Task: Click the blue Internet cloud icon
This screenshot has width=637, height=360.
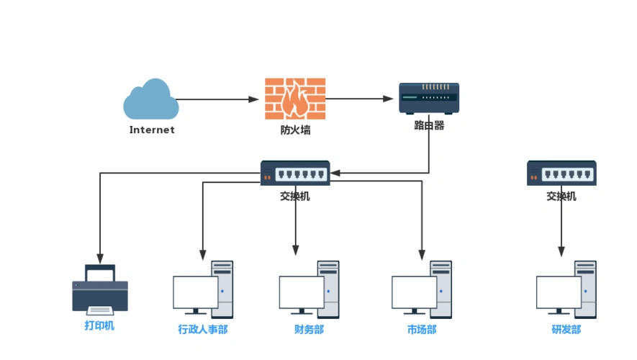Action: coord(151,101)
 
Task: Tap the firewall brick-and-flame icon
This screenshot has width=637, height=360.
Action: coord(294,99)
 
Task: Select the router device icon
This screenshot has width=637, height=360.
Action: coord(429,98)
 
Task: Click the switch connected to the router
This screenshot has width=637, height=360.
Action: coord(295,174)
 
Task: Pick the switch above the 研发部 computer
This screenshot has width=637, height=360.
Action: coord(561,174)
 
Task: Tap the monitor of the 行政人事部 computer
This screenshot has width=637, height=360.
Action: coord(195,292)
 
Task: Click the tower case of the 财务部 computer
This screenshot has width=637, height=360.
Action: coord(329,289)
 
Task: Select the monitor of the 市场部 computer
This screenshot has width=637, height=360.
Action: coord(414,292)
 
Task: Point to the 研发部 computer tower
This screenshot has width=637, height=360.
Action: coord(585,289)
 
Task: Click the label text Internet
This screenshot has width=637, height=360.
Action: coord(152,130)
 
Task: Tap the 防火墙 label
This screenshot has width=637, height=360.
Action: coord(295,130)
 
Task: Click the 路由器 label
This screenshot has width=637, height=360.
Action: coord(429,125)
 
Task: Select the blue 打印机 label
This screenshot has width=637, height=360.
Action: coord(99,325)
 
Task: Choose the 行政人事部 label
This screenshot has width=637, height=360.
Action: coord(203,330)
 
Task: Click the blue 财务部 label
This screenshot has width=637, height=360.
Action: coord(309,330)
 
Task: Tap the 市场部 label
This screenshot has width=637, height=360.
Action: coord(422,330)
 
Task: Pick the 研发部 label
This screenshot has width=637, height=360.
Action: coord(566,330)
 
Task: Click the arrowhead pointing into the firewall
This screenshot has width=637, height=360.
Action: coord(254,99)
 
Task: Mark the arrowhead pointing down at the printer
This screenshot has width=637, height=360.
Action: coord(100,258)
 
